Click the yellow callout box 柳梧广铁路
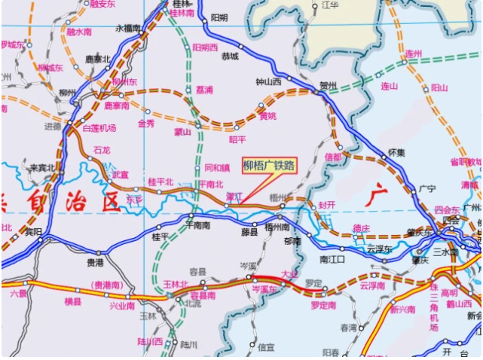(268, 166)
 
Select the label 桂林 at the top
(181, 4)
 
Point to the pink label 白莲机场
(99, 128)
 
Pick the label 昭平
(237, 139)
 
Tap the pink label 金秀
(145, 123)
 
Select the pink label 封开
(326, 205)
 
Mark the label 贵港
(94, 263)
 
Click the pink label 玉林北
(175, 285)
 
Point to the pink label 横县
(72, 301)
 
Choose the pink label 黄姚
(267, 116)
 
